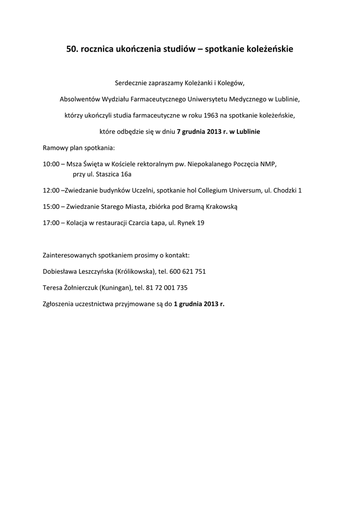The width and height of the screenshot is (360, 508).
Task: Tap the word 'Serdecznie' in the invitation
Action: (x=130, y=83)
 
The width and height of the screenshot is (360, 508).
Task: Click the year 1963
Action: (x=208, y=116)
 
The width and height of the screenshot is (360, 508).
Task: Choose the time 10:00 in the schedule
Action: (x=51, y=164)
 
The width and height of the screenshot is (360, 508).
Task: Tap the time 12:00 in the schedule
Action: (x=51, y=190)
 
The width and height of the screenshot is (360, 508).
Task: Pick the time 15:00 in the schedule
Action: (x=51, y=207)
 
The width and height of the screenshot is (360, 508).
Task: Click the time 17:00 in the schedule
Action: (x=51, y=223)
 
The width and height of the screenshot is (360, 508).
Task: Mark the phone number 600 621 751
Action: (x=188, y=272)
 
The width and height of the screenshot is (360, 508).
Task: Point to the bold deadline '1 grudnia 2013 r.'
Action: (x=199, y=304)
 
